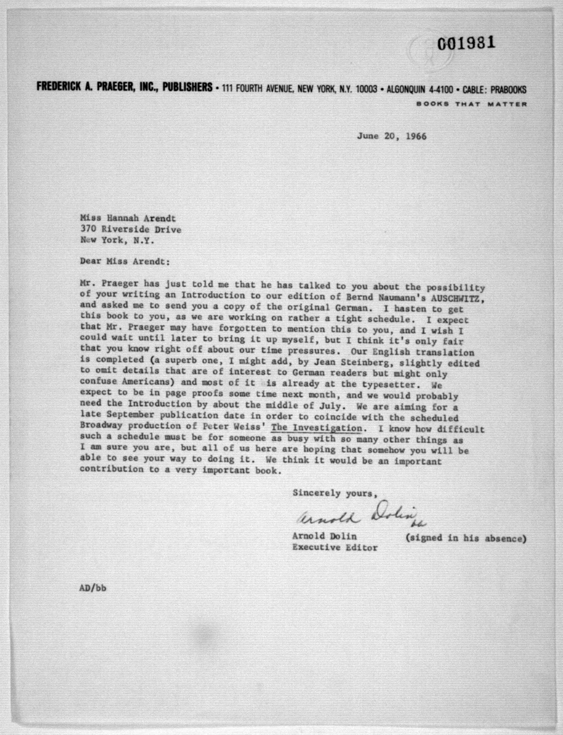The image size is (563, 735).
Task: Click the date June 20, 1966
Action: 391,136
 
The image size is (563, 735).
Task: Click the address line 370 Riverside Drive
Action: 131,230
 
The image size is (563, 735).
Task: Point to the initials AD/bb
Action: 93,588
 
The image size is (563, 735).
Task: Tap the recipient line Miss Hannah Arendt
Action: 128,218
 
